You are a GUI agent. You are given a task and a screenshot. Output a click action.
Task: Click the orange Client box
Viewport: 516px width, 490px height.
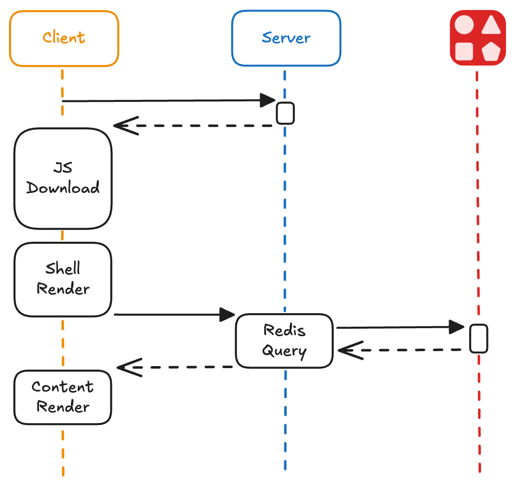pyautogui.click(x=64, y=38)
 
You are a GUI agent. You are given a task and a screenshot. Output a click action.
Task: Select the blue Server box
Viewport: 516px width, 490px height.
pyautogui.click(x=286, y=38)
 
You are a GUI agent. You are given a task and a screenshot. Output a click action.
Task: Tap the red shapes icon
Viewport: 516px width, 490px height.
pyautogui.click(x=478, y=38)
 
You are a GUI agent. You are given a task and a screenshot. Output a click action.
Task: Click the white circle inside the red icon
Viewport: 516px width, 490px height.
pyautogui.click(x=464, y=24)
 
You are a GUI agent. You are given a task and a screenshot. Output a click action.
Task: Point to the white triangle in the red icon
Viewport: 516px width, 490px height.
pyautogui.click(x=492, y=25)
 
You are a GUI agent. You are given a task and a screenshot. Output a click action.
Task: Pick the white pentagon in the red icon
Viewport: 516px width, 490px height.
pyautogui.click(x=492, y=51)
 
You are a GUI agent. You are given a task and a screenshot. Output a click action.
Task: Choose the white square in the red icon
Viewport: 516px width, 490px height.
pyautogui.click(x=464, y=51)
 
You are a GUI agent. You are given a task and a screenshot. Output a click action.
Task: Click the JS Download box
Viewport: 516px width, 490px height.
pyautogui.click(x=63, y=178)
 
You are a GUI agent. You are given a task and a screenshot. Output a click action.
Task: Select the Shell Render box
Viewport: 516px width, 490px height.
pyautogui.click(x=63, y=279)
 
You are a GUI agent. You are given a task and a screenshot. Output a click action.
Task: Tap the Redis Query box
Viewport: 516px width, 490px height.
pyautogui.click(x=284, y=341)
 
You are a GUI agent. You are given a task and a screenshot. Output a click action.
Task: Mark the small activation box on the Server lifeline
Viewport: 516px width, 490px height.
pyautogui.click(x=285, y=113)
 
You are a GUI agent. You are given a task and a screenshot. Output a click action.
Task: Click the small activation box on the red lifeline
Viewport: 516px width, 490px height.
pyautogui.click(x=479, y=338)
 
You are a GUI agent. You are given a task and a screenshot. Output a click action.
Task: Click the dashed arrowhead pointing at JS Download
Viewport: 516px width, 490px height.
pyautogui.click(x=124, y=126)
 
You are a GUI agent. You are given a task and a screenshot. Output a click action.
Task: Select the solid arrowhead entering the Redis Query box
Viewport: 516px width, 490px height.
pyautogui.click(x=228, y=315)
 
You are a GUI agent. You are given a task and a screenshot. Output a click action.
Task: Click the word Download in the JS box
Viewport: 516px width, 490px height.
pyautogui.click(x=63, y=188)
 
